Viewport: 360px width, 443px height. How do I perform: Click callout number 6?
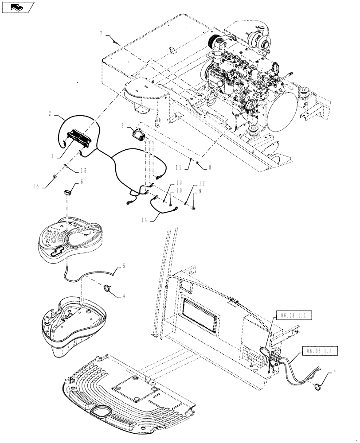click(81, 181)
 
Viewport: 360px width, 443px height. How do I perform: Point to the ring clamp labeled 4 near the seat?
click(108, 289)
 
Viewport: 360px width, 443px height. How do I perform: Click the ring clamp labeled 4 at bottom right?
click(317, 387)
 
